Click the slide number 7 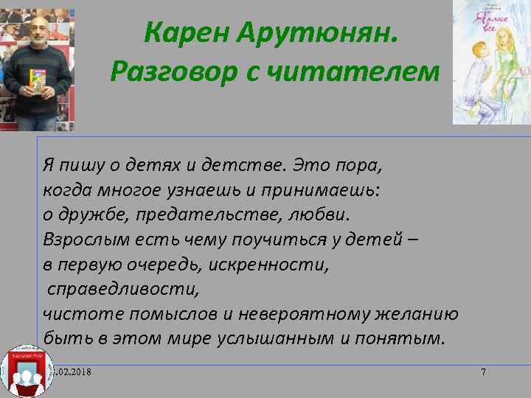tap(483, 371)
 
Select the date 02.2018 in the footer tap(74, 371)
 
